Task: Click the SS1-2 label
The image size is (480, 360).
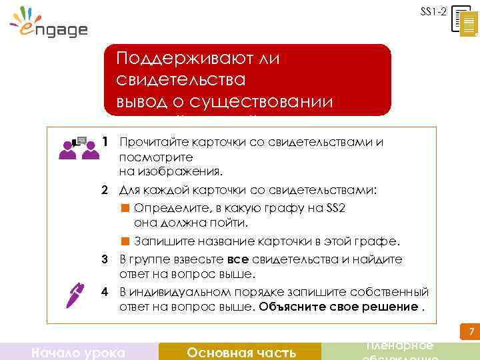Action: pyautogui.click(x=433, y=11)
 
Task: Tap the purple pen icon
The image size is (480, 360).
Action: pyautogui.click(x=75, y=294)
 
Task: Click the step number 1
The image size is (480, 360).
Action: pyautogui.click(x=105, y=142)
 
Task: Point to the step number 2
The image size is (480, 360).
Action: pyautogui.click(x=105, y=190)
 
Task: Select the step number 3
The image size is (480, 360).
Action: pyautogui.click(x=105, y=259)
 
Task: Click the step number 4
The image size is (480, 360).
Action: pyautogui.click(x=105, y=291)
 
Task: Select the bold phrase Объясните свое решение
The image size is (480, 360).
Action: pyautogui.click(x=339, y=307)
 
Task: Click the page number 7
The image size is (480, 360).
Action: pyautogui.click(x=470, y=332)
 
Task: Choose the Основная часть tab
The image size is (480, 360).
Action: pyautogui.click(x=241, y=352)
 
